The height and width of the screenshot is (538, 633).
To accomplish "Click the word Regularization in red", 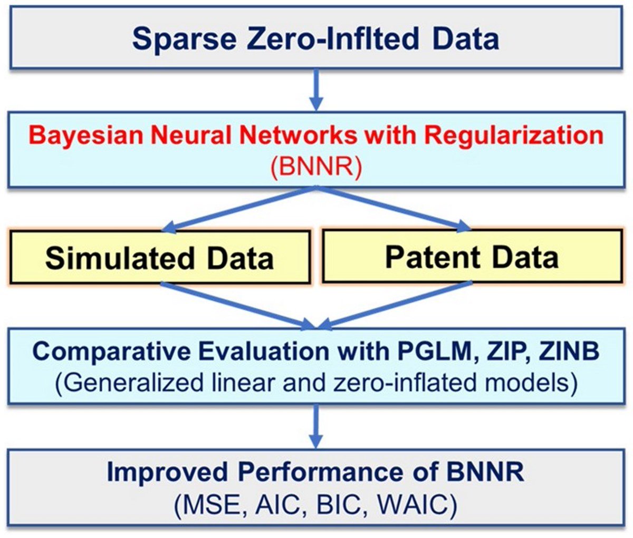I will tap(514, 135).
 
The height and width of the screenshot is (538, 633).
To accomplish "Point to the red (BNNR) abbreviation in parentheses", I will tap(315, 168).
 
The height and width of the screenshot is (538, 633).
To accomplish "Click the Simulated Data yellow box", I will tap(159, 257).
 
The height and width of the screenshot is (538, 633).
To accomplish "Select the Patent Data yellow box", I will tap(472, 256).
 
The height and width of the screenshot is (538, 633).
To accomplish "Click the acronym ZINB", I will tap(568, 351).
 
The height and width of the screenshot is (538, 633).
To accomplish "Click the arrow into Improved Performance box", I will tap(315, 426).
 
